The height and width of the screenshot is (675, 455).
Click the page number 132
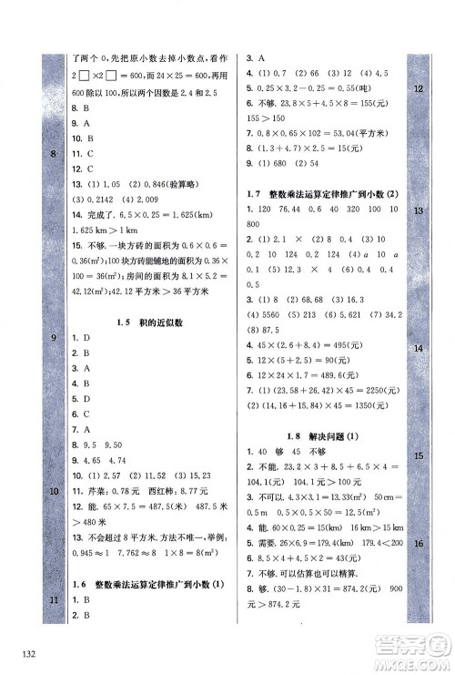[19, 654]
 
